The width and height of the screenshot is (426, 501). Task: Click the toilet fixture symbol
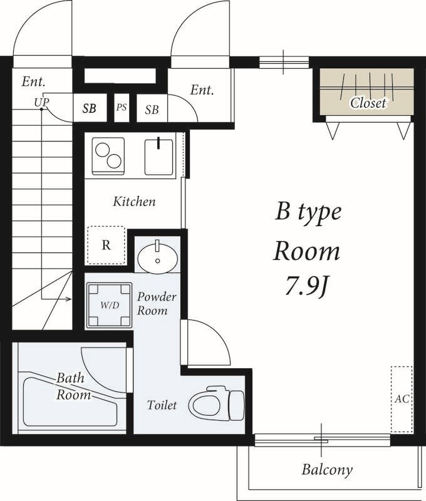tap(217, 403)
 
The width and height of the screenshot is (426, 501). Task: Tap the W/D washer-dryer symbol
tap(109, 305)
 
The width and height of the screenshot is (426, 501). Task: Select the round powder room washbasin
tap(157, 257)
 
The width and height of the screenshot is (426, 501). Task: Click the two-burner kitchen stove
tap(108, 156)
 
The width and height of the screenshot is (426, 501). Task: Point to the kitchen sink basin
tap(159, 157)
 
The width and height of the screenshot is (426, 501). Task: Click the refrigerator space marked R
tap(106, 245)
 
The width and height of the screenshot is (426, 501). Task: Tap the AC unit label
tap(402, 399)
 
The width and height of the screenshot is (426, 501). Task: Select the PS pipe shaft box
tap(122, 107)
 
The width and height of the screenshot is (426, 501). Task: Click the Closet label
tap(368, 103)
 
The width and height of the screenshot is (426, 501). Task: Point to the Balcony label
tap(327, 470)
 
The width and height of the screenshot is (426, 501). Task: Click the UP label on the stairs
tap(42, 102)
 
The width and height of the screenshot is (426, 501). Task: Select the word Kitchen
tap(135, 202)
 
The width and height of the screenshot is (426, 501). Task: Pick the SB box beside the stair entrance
tap(90, 108)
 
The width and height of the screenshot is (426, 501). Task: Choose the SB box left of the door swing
tap(152, 110)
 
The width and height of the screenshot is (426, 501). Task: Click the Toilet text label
tap(162, 405)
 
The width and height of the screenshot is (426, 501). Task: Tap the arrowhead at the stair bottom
tap(68, 299)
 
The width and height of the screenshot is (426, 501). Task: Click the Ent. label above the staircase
tap(34, 82)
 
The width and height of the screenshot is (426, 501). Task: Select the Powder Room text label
tap(157, 304)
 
